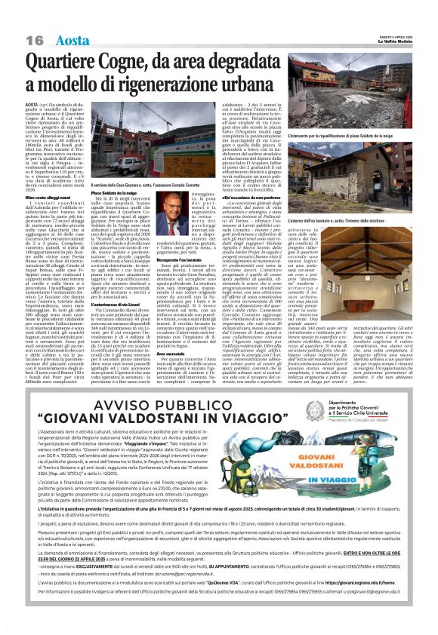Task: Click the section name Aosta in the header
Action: (x=72, y=19)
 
